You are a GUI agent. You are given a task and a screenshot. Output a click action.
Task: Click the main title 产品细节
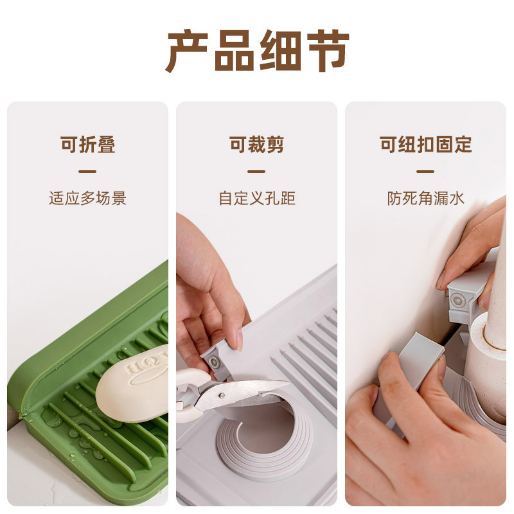[257, 50]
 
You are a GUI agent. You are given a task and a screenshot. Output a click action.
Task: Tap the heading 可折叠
[88, 145]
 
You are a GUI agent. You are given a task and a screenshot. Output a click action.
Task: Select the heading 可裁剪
[256, 145]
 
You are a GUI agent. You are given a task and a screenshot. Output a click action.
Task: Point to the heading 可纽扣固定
[425, 145]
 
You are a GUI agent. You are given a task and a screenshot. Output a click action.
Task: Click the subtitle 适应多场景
[88, 198]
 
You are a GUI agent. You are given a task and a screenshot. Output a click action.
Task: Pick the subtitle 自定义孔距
[256, 198]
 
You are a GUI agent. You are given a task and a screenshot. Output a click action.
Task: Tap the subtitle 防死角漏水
[425, 198]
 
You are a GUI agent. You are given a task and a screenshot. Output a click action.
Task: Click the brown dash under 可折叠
[87, 172]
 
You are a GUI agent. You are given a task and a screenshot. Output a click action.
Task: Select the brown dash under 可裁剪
[256, 172]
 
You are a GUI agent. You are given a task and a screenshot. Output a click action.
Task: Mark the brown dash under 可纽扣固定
[425, 172]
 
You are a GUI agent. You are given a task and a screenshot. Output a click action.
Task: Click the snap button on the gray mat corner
[214, 362]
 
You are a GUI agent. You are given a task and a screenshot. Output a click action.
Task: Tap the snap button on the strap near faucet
[457, 301]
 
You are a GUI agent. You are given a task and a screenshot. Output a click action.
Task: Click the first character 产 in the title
[188, 50]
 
